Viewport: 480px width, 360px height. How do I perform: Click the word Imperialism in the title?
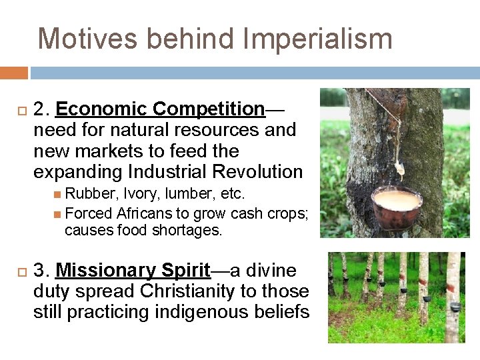[x=317, y=39]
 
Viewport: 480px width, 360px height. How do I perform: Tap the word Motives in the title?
[x=88, y=39]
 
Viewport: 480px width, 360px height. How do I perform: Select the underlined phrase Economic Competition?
[x=161, y=109]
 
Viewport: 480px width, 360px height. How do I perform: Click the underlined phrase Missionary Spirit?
[x=133, y=271]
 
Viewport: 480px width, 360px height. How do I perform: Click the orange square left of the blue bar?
[x=13, y=73]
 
